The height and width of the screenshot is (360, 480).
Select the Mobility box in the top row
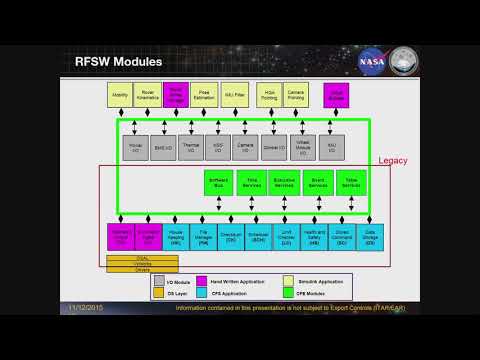[120, 96]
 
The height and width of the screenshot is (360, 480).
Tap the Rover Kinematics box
[148, 96]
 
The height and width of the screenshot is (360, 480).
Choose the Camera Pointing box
[295, 96]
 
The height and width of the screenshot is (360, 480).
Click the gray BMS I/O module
[163, 147]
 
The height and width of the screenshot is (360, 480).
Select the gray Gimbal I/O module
[272, 147]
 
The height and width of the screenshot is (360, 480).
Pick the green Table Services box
[352, 183]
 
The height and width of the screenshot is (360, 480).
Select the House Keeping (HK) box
[176, 237]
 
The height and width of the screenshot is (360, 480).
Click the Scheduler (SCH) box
[259, 237]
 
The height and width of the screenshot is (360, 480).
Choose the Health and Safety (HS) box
[314, 237]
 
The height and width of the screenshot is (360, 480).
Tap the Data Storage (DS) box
[370, 237]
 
